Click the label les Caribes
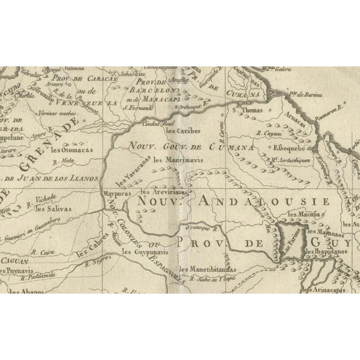point(183,131)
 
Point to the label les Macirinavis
point(177,160)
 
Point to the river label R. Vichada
point(43,199)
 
